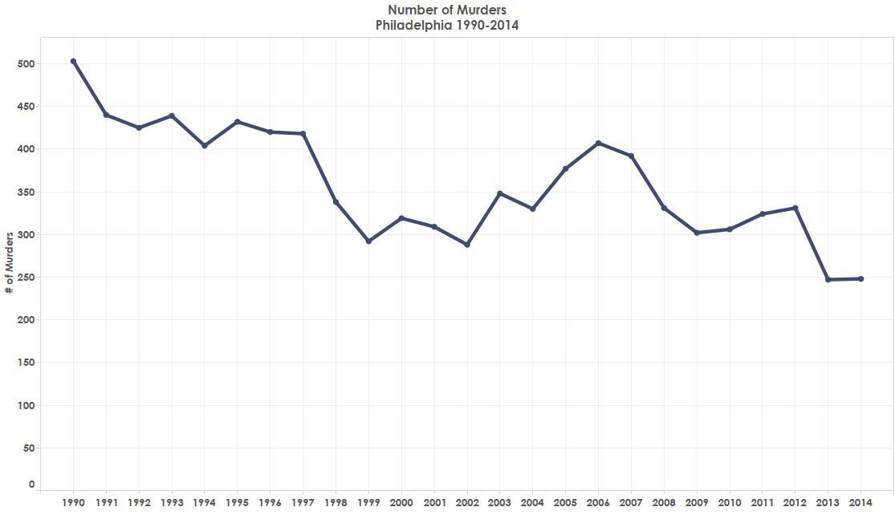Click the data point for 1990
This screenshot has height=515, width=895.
pos(73,61)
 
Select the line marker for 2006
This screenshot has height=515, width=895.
pos(598,143)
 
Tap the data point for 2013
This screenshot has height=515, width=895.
pos(828,279)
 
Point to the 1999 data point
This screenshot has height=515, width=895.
pos(368,241)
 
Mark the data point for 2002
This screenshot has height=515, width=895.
pos(467,245)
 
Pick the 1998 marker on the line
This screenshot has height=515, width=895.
pos(336,202)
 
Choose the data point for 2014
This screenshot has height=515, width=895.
pos(861,278)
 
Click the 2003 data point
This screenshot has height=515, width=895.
pos(500,193)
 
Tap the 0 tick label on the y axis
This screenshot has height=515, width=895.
pos(31,485)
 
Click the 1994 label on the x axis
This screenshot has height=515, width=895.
pos(204,503)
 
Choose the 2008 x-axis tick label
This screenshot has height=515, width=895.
pos(664,503)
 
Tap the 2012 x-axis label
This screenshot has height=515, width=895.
pos(795,503)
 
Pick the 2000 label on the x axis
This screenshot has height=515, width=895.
pos(401,503)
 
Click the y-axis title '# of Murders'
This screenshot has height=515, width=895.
pos(10,262)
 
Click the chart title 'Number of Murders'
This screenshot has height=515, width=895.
pos(447,10)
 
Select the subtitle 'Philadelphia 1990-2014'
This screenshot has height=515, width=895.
pos(447,25)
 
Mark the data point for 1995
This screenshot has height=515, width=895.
pos(237,122)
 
